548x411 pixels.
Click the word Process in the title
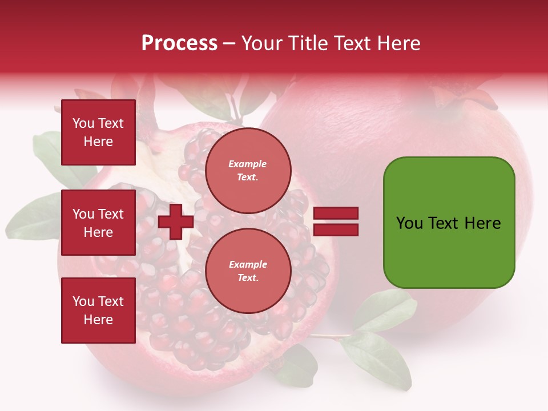click(x=179, y=43)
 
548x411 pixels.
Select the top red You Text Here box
click(x=98, y=132)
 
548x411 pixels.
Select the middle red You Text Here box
click(x=98, y=223)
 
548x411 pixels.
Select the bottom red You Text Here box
click(x=98, y=311)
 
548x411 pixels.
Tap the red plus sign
click(x=176, y=221)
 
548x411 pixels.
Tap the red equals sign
click(x=336, y=222)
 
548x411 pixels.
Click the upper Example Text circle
click(x=248, y=171)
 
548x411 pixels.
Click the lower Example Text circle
click(x=248, y=271)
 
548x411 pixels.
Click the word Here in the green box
click(x=482, y=223)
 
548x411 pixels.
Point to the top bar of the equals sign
click(x=336, y=213)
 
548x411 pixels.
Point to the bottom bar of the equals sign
click(x=336, y=230)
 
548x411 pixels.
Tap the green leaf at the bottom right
click(x=377, y=354)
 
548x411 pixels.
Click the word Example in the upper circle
click(x=248, y=164)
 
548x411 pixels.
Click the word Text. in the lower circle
click(x=248, y=278)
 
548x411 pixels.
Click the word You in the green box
click(x=410, y=223)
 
